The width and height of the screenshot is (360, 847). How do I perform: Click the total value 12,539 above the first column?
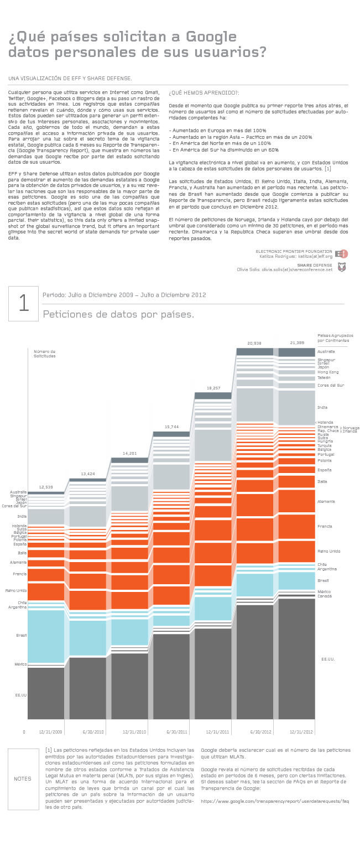coord(46,487)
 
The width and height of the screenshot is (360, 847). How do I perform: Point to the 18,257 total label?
coord(213,388)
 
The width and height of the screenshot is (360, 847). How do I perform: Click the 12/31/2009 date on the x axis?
coord(50,731)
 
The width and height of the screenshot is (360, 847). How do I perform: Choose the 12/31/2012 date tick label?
coord(301,731)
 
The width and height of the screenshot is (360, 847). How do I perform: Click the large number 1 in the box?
coord(23,304)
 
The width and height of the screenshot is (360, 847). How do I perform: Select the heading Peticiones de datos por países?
coord(118,315)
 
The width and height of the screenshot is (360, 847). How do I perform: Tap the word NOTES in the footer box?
coord(23,778)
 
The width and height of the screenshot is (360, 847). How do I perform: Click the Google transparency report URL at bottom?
coord(275,801)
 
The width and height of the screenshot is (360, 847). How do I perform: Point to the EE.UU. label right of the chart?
coord(328,659)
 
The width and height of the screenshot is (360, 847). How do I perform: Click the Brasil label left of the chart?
coord(22,636)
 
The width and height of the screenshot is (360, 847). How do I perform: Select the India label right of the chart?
coord(322,407)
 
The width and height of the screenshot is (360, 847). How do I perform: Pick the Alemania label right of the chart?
coord(326,501)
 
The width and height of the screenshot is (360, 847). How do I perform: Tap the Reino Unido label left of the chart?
coord(16,590)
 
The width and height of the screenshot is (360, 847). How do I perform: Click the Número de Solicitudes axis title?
coord(45,354)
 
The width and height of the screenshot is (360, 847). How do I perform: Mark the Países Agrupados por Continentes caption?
coord(335,338)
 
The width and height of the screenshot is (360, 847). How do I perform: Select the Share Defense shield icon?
coord(342,267)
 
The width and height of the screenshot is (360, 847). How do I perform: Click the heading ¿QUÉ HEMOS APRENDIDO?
coord(204,93)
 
